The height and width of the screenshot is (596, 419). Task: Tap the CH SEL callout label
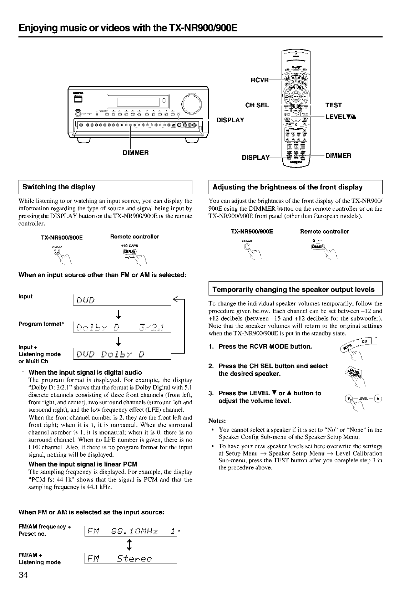pos(257,105)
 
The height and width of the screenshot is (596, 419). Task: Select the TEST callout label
pos(333,105)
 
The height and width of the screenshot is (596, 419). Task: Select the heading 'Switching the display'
pos(59,187)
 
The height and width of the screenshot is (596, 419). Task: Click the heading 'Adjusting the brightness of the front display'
pos(287,187)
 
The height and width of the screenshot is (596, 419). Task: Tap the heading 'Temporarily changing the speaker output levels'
pos(293,289)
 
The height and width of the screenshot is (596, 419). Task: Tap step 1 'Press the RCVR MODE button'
pos(265,346)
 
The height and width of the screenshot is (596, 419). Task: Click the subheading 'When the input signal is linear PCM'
pos(83,464)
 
